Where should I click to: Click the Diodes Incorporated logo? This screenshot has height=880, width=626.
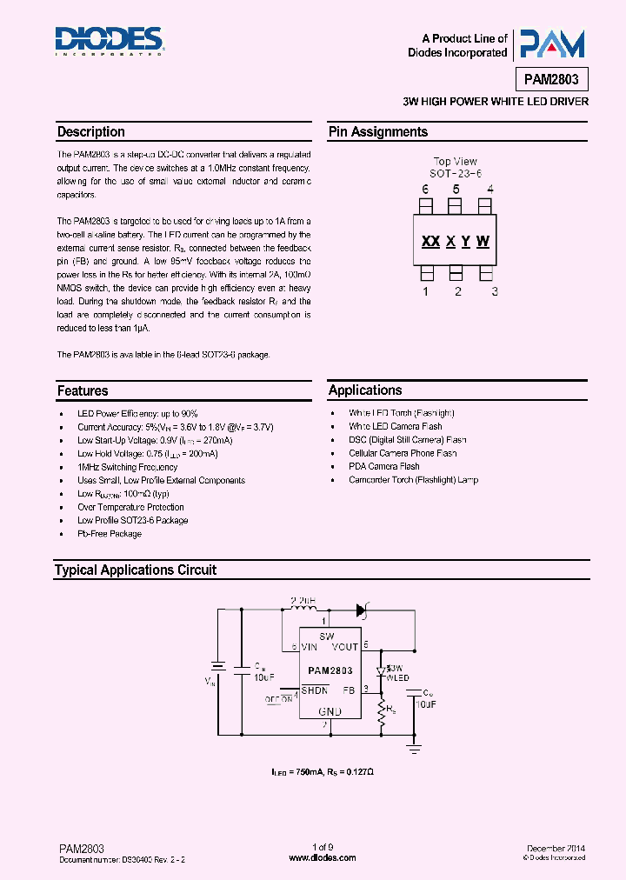110,40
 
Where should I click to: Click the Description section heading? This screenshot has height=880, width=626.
91,132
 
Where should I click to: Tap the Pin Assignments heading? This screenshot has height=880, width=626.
377,132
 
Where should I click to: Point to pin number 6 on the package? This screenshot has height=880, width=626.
426,190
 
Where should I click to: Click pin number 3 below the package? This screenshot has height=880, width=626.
494,291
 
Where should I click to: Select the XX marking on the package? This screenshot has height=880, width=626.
430,242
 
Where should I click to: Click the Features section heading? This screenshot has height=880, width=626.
83,391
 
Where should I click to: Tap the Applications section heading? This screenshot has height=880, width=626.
365,390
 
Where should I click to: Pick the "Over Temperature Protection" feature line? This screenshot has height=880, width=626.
130,507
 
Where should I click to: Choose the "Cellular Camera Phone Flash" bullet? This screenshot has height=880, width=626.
403,453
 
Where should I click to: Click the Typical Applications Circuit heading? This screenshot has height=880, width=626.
136,570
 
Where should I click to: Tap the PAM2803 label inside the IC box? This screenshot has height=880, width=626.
330,670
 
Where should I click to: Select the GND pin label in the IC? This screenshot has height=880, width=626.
329,710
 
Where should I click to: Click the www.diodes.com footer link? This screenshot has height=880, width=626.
322,857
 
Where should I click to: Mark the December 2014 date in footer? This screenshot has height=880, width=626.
556,847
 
